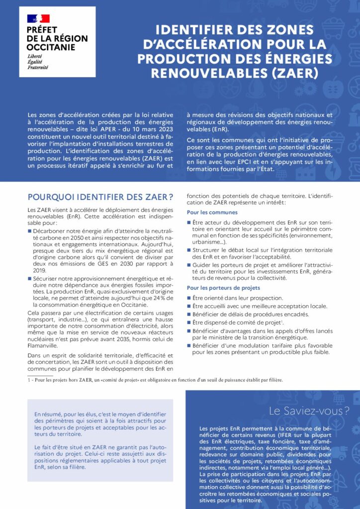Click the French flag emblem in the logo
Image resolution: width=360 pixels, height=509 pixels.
[38, 19]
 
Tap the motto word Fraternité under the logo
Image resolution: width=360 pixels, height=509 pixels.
[38, 67]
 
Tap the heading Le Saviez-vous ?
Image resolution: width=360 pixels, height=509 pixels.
[308, 411]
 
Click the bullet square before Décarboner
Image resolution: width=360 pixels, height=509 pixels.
[29, 231]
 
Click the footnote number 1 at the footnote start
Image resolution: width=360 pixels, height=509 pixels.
[29, 380]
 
